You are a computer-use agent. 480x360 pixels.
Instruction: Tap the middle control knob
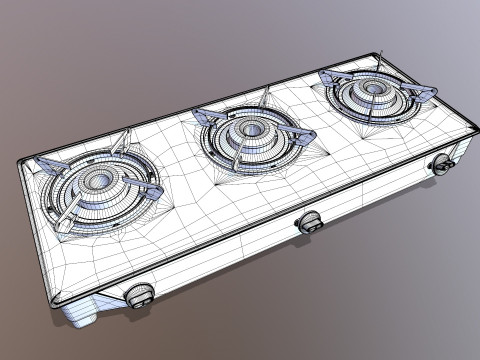pyautogui.click(x=309, y=223)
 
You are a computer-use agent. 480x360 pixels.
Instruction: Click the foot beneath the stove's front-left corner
pyautogui.click(x=82, y=319)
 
